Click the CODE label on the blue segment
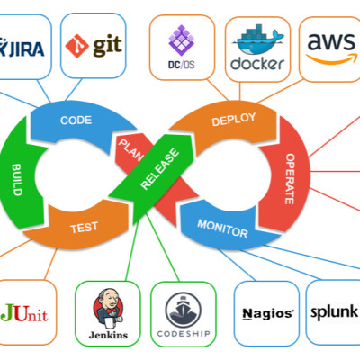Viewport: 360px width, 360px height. coord(76,121)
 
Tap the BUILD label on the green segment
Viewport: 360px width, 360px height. coord(17,180)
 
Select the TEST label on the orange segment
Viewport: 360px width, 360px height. coord(85,228)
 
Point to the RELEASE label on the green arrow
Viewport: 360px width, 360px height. coord(160,169)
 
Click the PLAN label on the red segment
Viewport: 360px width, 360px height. coord(131,149)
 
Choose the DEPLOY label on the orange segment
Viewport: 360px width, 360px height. coord(234,120)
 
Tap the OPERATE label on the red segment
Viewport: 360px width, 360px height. coord(290,179)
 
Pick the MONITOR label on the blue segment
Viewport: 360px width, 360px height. coord(222,229)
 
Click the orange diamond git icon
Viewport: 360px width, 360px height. coord(77,46)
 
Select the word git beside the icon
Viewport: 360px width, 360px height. coord(107,46)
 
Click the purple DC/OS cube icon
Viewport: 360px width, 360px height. coord(182,40)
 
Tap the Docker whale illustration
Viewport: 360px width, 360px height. coord(257,40)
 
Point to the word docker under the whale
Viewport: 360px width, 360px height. coord(257,64)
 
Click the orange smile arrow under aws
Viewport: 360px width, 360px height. coord(331,58)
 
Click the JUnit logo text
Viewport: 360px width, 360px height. coord(24,313)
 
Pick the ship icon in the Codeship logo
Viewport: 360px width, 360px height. coord(183,310)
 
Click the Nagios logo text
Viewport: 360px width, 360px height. coord(268,314)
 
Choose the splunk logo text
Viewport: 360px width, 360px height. coord(335,312)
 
